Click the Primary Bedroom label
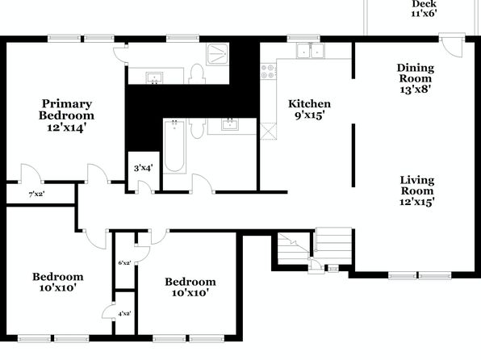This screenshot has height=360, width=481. pos(66,110)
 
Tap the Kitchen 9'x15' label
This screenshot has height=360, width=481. pos(310,109)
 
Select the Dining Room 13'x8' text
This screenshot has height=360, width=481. pos(416,78)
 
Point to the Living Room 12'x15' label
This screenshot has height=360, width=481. pos(417,190)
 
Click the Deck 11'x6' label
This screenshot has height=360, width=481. pos(424,9)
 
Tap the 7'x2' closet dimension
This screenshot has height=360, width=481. pos(37,194)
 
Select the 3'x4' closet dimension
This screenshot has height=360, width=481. pos(144,168)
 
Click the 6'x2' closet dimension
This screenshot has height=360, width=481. pos(124,262)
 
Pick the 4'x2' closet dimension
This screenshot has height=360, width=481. pos(124,313)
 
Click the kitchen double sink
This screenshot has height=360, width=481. pos(310,51)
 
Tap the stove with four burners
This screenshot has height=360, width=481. pos(268,72)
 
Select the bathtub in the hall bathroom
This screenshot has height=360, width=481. pos(174,146)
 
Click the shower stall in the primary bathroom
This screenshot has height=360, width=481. pos(217,54)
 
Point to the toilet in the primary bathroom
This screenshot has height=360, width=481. pos(197,74)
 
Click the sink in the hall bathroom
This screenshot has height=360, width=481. pos(230,125)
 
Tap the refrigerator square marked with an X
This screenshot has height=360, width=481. pos(268,132)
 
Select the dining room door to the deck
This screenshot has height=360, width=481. pos(452,47)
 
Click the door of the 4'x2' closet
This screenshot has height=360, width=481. pos(108,312)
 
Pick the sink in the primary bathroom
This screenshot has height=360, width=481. pos(154,77)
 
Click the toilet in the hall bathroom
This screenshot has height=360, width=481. pos(197,129)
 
